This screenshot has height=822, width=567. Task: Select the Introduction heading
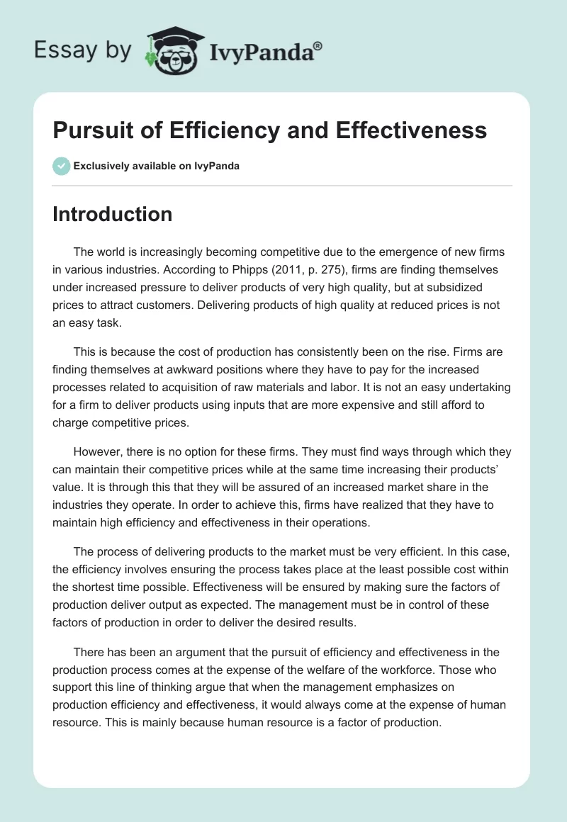click(112, 214)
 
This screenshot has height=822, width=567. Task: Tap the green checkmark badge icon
click(61, 166)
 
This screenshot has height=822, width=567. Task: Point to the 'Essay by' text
click(83, 50)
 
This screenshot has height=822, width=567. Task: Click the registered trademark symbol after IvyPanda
click(318, 46)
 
